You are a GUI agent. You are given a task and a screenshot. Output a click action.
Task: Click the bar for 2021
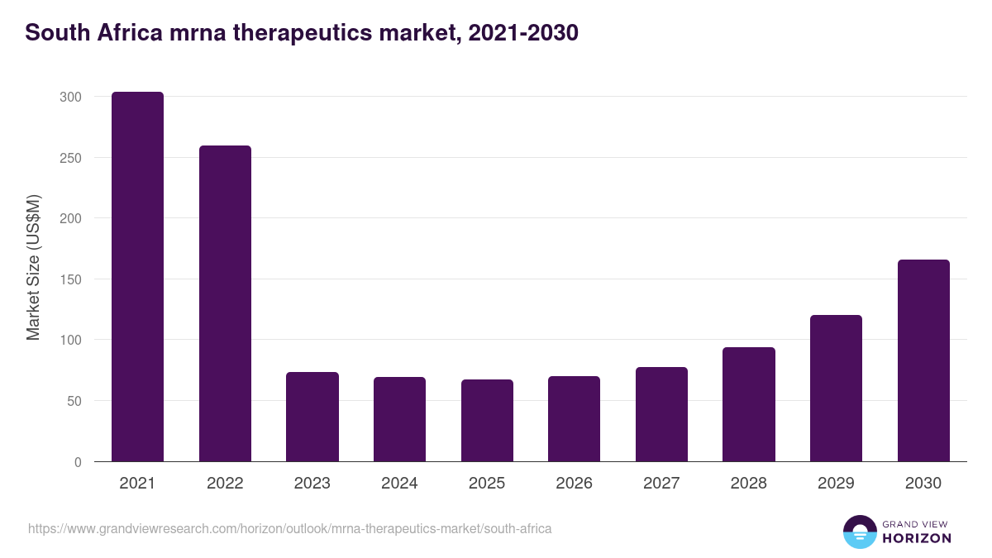[x=137, y=277]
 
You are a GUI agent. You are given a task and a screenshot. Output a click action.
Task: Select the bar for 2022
[x=225, y=303]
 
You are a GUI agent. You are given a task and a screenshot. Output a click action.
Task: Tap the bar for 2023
[x=312, y=417]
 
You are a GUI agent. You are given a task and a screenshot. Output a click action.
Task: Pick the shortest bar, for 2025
[x=487, y=421]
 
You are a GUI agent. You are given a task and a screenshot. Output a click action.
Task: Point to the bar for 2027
[x=661, y=414]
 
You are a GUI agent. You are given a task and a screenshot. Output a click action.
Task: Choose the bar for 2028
[x=749, y=404]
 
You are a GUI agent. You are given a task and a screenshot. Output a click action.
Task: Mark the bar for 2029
[x=836, y=389]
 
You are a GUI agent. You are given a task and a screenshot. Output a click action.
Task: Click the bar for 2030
[x=923, y=360]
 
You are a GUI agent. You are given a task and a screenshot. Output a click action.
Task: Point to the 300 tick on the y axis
[x=71, y=97]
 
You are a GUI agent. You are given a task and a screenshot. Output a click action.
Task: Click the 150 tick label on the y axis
[x=71, y=279]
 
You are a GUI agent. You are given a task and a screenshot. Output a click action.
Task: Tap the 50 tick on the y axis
[x=74, y=401]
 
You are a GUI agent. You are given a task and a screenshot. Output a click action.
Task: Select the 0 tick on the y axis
[x=78, y=462]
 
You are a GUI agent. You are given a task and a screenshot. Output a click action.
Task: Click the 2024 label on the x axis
[x=399, y=484]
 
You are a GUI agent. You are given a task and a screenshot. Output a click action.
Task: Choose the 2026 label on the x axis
[x=574, y=484]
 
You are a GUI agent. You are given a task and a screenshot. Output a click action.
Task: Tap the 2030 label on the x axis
[x=923, y=484]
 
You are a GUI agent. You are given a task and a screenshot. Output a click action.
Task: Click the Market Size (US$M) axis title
[x=33, y=266]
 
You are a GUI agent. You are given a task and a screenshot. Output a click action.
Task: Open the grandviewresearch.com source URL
[x=289, y=528]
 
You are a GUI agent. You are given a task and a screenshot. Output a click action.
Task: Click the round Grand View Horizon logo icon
[x=859, y=532]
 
